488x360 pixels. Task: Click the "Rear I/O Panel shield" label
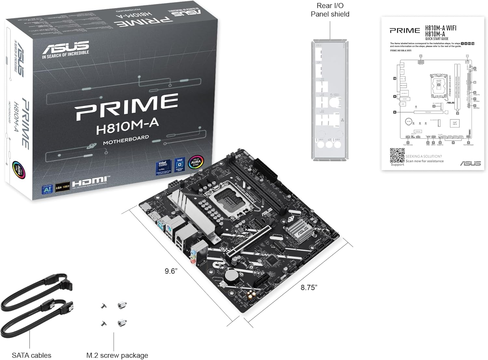tap(330, 10)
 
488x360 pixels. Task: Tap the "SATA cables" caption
tap(32, 355)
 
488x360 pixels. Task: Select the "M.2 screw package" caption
tap(117, 355)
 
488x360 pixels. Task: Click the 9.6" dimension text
tap(171, 271)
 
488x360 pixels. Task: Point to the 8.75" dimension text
tap(309, 287)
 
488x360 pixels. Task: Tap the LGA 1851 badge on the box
tap(62, 187)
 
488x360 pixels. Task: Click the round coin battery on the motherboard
tap(232, 276)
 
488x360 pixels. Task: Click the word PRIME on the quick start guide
tap(405, 31)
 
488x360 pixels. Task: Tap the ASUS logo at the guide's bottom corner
tap(470, 163)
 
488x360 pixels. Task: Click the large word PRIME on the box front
tap(127, 106)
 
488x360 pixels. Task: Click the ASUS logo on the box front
tap(65, 47)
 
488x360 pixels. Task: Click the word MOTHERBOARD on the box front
tap(126, 140)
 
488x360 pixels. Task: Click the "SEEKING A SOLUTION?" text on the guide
tap(424, 156)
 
